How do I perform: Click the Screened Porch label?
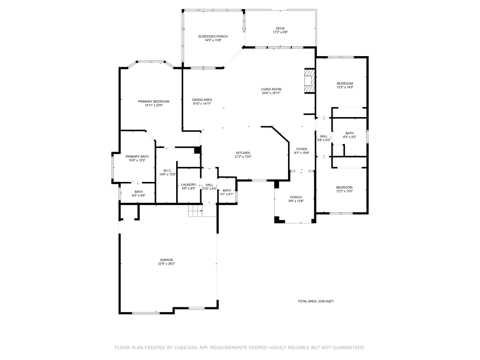coord(213,38)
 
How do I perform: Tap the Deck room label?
coord(280,30)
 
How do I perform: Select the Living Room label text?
coord(271,91)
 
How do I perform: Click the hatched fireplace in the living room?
coord(310,81)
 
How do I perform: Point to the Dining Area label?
coord(202,101)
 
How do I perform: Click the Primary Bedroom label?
coord(154,103)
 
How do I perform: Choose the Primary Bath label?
coord(137,158)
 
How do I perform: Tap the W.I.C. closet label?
coord(168,172)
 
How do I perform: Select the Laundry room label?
coord(189,186)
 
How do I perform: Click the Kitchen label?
coord(242,155)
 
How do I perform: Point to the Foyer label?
coord(301,151)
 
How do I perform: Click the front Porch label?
coord(296,199)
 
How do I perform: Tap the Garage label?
coord(167,262)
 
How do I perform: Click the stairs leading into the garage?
coord(195,211)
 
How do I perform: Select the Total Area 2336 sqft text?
coord(315,301)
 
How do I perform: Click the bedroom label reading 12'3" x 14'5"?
coord(345,85)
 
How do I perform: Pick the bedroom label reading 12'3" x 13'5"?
coord(344,189)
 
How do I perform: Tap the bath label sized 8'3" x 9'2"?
coord(349,135)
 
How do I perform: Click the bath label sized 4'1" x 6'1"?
coord(227,192)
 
